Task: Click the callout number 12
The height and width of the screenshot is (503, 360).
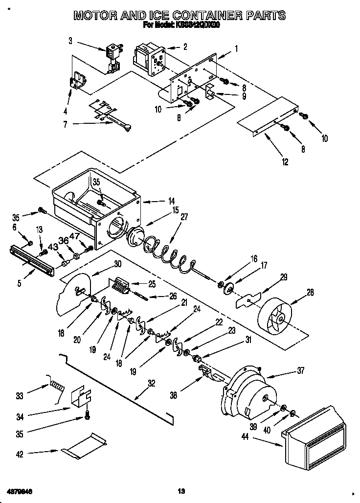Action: pyautogui.click(x=285, y=162)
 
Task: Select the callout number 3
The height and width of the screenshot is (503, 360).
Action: pyautogui.click(x=70, y=41)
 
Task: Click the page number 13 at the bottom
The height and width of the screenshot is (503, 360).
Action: pyautogui.click(x=180, y=491)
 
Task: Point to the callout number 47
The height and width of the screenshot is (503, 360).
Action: pyautogui.click(x=88, y=236)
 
